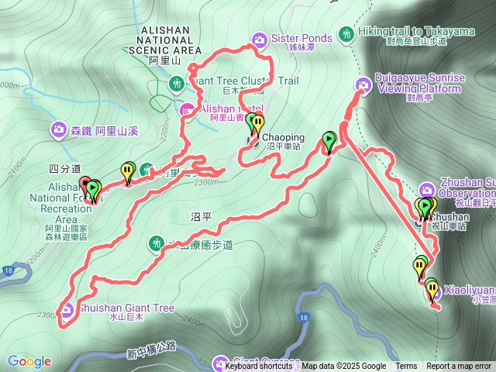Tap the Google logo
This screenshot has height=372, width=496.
click(x=29, y=361)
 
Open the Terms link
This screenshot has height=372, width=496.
click(x=406, y=367)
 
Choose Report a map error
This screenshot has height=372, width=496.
click(x=459, y=367)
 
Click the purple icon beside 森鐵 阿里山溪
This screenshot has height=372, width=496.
click(x=60, y=130)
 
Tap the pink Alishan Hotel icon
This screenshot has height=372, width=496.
click(x=187, y=111)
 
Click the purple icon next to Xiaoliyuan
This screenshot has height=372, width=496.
click(x=435, y=292)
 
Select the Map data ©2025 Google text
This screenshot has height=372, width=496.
click(x=344, y=367)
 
